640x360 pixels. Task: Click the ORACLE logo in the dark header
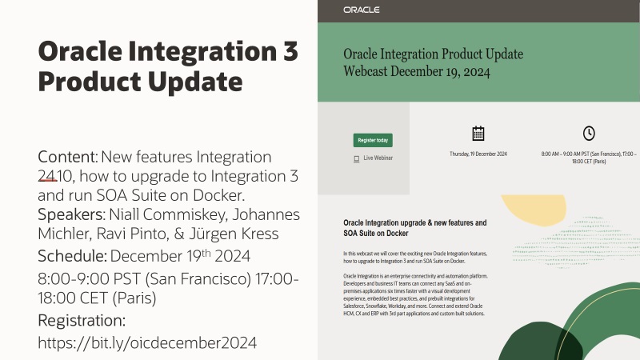coord(361,10)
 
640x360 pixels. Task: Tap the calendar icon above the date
coord(478,134)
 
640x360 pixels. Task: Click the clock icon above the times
coord(588,134)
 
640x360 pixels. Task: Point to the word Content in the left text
coord(68,156)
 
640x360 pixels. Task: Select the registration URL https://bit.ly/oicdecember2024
coord(148,342)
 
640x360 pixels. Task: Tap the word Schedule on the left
coord(72,256)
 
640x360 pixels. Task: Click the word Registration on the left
coord(82,321)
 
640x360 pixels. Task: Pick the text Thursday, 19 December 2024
coord(478,153)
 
